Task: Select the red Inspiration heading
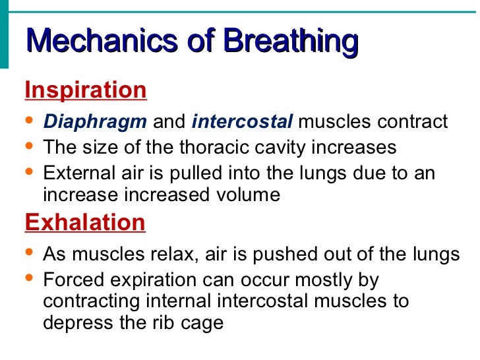click(x=86, y=90)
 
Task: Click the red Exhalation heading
click(x=84, y=222)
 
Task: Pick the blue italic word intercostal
click(x=242, y=122)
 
